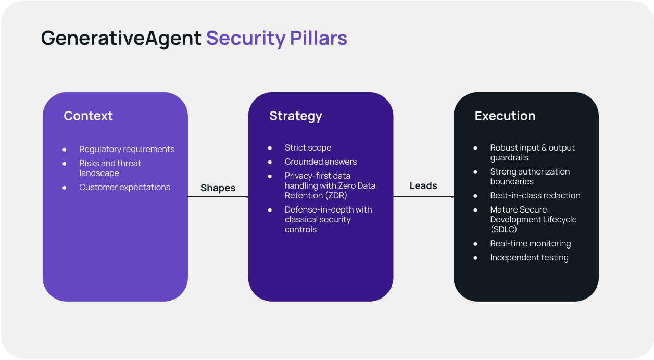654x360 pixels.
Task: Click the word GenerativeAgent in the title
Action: click(x=121, y=39)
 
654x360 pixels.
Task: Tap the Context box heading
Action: click(x=88, y=116)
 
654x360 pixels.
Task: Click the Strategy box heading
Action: click(x=295, y=116)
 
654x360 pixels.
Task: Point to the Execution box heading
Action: click(x=505, y=116)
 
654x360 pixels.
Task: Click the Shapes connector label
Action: click(x=218, y=188)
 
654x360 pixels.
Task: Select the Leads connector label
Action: click(x=423, y=185)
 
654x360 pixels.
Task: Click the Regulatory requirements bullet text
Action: click(x=127, y=150)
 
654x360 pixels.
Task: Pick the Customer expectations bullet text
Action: click(x=124, y=188)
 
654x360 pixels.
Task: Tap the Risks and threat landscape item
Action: click(x=110, y=168)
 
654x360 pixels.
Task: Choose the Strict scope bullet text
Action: click(x=308, y=148)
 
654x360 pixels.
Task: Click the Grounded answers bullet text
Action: click(x=320, y=162)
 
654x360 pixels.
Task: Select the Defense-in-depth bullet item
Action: click(x=328, y=219)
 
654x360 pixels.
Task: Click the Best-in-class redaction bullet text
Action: click(x=535, y=196)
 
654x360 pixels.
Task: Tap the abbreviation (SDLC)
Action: click(x=503, y=229)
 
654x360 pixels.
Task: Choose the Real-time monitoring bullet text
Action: click(x=530, y=244)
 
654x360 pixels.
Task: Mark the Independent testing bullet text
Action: click(x=529, y=258)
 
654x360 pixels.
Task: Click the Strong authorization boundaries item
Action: click(x=530, y=177)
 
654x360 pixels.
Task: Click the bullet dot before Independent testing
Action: click(x=475, y=258)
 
